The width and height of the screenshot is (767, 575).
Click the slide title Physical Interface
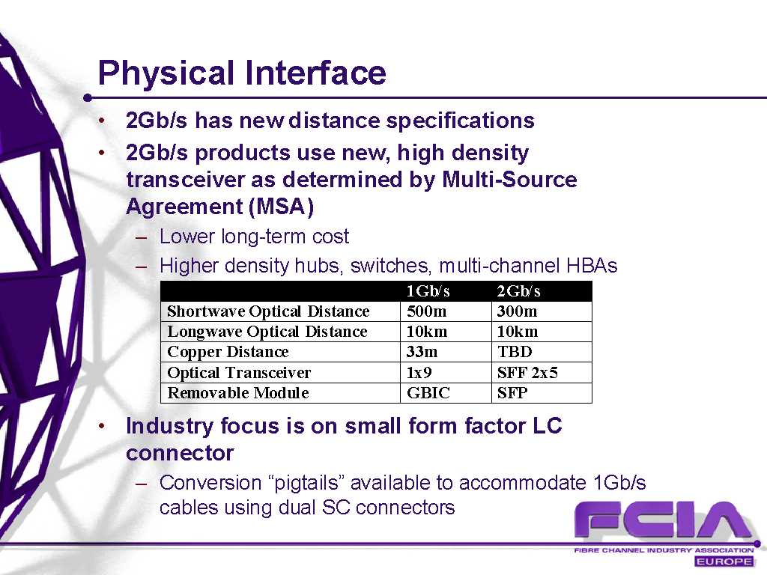[242, 73]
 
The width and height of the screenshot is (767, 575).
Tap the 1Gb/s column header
[428, 291]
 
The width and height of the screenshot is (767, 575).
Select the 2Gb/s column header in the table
[518, 291]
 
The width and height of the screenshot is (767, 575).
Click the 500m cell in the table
[426, 311]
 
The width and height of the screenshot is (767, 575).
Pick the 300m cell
[517, 311]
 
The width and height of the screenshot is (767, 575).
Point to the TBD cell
[515, 352]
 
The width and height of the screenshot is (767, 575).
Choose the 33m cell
[422, 352]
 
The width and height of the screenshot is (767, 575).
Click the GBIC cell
[428, 392]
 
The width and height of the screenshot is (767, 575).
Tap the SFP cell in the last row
[512, 392]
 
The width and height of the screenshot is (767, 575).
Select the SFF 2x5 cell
[527, 373]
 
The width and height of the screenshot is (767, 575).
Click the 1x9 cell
[419, 373]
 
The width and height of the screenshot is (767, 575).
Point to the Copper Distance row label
[228, 352]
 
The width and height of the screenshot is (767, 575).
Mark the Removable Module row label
[238, 392]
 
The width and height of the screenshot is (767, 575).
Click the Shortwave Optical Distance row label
[269, 311]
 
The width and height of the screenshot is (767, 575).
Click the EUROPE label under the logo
[724, 562]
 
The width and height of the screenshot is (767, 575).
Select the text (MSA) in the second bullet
[282, 207]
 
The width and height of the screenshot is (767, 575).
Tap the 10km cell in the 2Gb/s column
[518, 332]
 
